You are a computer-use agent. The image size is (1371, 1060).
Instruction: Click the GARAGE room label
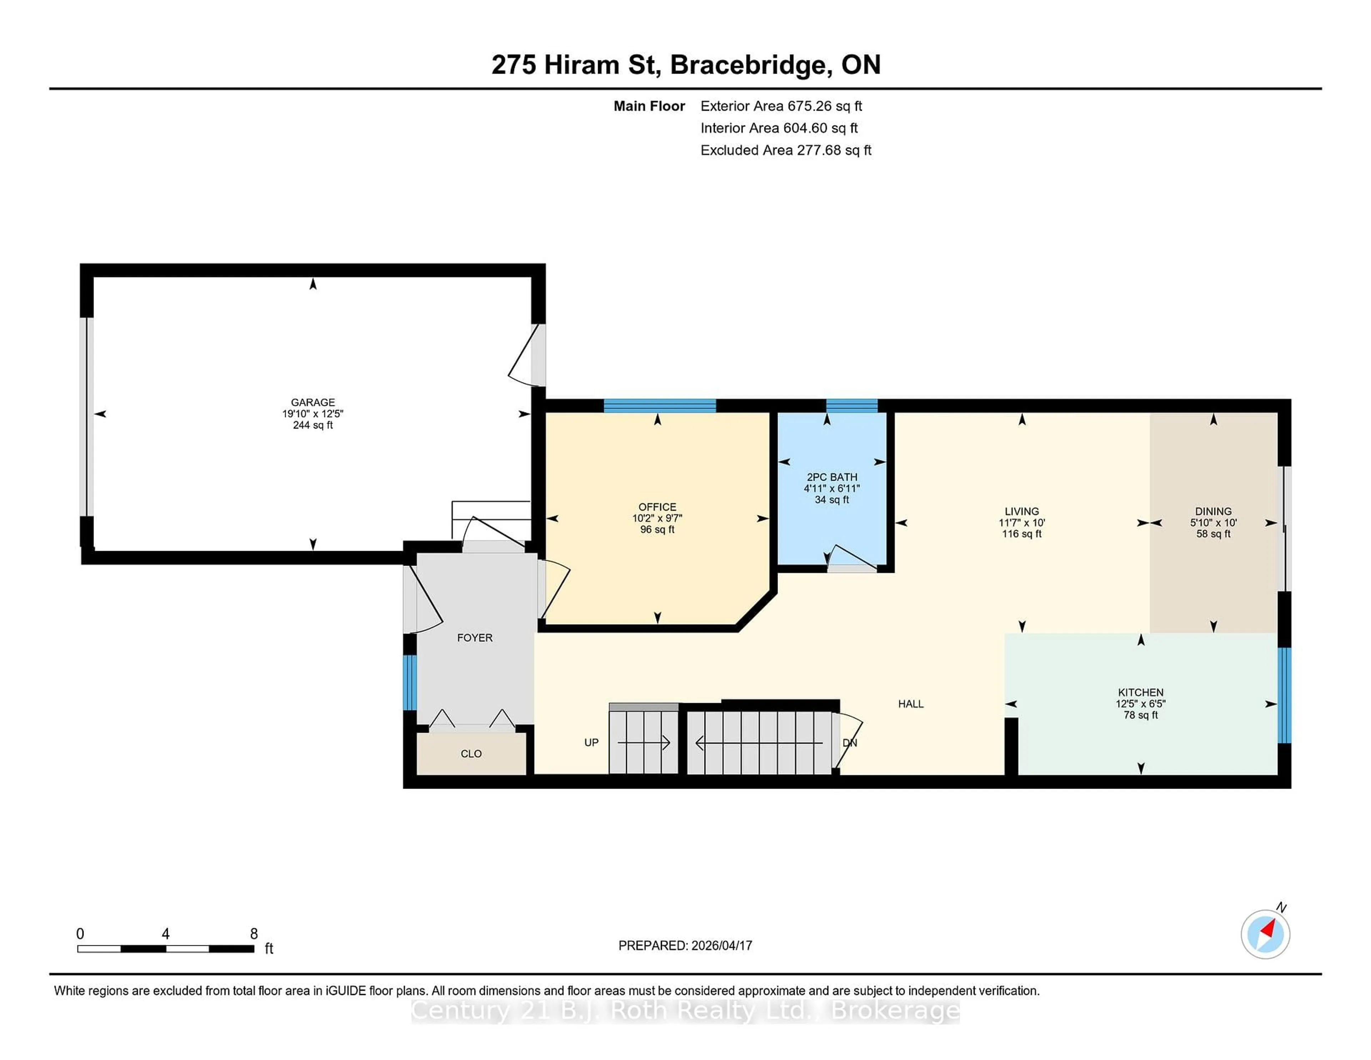[x=313, y=402]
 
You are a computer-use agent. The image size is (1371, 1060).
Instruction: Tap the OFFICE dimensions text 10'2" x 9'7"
[x=657, y=518]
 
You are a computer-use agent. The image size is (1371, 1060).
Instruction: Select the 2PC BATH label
[x=832, y=477]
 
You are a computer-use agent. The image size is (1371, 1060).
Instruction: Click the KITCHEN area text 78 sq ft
[x=1141, y=715]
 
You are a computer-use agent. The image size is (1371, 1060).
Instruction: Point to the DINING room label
[x=1213, y=511]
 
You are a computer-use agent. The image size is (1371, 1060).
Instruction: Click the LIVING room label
[x=1021, y=511]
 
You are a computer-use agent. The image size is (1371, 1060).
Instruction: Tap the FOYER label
[x=474, y=637]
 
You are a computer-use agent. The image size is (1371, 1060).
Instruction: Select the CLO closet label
[x=471, y=754]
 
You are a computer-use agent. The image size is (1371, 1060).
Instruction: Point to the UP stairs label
[x=591, y=742]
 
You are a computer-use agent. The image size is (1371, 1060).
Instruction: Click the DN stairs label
[x=849, y=743]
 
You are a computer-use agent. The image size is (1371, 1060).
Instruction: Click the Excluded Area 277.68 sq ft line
[x=785, y=150]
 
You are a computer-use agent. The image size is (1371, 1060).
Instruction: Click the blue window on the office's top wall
[x=660, y=406]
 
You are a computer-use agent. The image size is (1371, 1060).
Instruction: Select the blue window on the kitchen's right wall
[x=1284, y=695]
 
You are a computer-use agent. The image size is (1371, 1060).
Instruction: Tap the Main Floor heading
[x=649, y=106]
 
